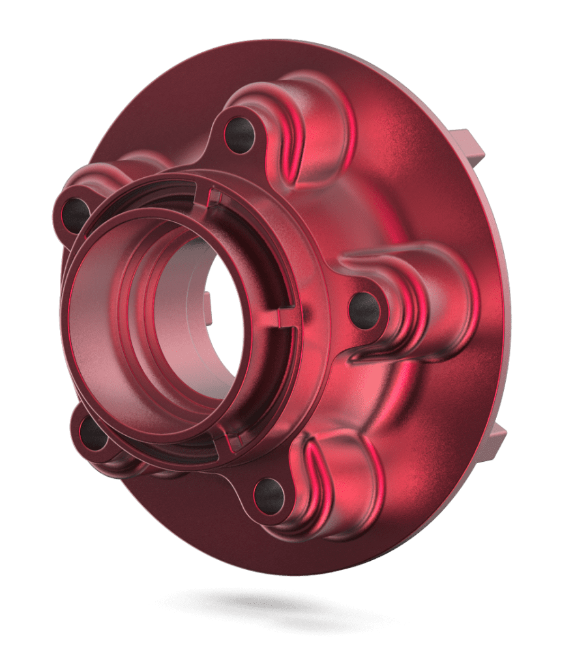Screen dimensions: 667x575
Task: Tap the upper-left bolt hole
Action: (x=76, y=212)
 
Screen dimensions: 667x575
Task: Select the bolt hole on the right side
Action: (x=364, y=309)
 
